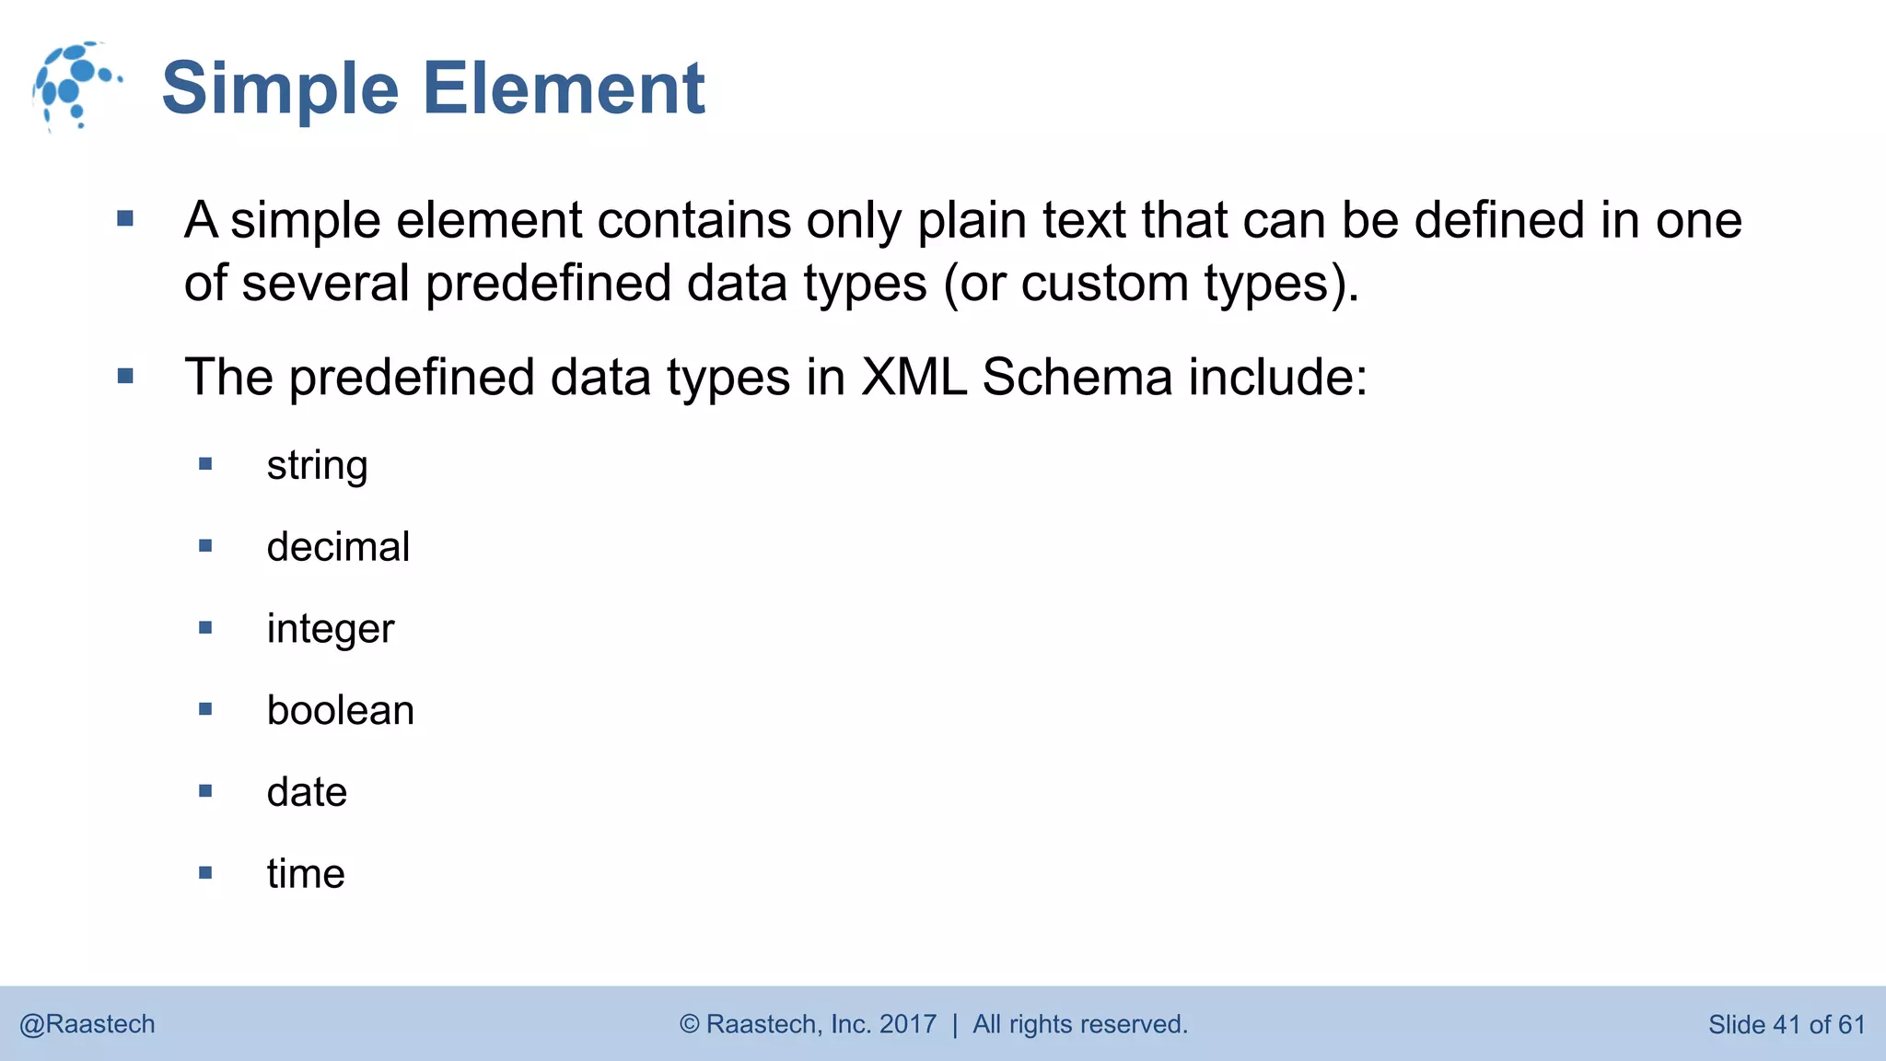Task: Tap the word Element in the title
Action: pos(564,88)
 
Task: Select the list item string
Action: pos(317,466)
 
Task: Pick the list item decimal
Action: pos(338,547)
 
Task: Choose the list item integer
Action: pos(330,629)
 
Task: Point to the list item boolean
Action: pos(340,710)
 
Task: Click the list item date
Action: pos(307,792)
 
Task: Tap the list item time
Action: pos(306,873)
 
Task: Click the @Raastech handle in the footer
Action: pos(87,1024)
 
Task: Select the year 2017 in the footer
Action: pos(908,1024)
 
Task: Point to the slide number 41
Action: pos(1786,1024)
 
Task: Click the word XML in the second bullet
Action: pos(914,378)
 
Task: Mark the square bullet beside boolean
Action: pos(205,709)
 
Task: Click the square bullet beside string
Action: pos(205,464)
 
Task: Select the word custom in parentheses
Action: pos(1104,283)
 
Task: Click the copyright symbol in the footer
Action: pos(689,1024)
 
